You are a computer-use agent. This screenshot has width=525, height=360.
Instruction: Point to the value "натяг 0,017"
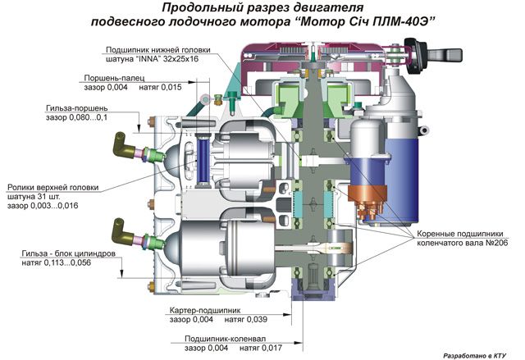click(266, 349)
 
